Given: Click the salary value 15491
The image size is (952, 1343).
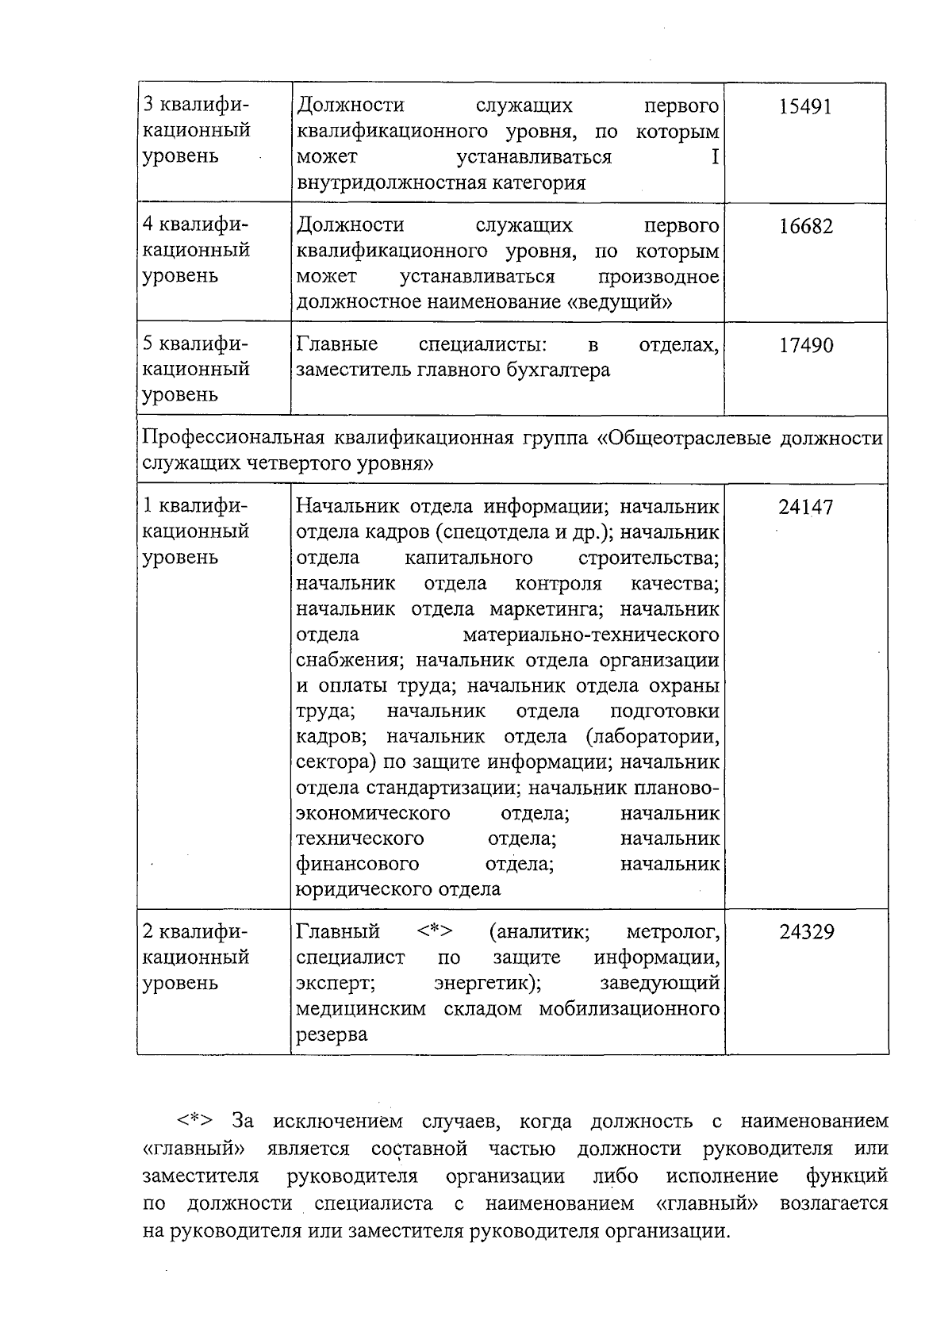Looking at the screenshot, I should coord(805,107).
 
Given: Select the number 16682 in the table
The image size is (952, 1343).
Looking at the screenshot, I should coord(805,227).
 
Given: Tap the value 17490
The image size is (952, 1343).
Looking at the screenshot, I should coord(805,346).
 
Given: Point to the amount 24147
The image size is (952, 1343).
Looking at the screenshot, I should coord(805,508).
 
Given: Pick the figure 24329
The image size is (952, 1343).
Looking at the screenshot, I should coord(806,932).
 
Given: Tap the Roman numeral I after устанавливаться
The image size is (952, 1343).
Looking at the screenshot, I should coord(714,157).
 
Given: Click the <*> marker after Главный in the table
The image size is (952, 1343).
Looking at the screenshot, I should coord(434,931).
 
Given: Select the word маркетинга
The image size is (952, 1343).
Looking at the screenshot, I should coord(547,610).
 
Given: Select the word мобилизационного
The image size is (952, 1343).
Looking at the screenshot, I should coord(629,1009).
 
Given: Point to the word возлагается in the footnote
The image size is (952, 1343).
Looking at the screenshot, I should coord(834,1203).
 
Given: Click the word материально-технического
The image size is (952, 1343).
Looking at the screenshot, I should coord(591,635).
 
